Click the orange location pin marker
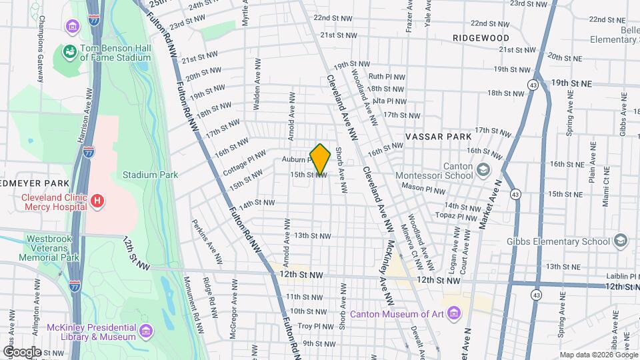(320, 159)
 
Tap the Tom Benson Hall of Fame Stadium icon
(69, 51)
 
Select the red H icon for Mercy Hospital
(97, 200)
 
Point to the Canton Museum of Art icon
(454, 313)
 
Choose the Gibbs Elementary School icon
(621, 239)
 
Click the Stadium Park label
(150, 175)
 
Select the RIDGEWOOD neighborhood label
(481, 38)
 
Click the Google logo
(21, 351)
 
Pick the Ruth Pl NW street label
(386, 77)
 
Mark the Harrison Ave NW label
(83, 125)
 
